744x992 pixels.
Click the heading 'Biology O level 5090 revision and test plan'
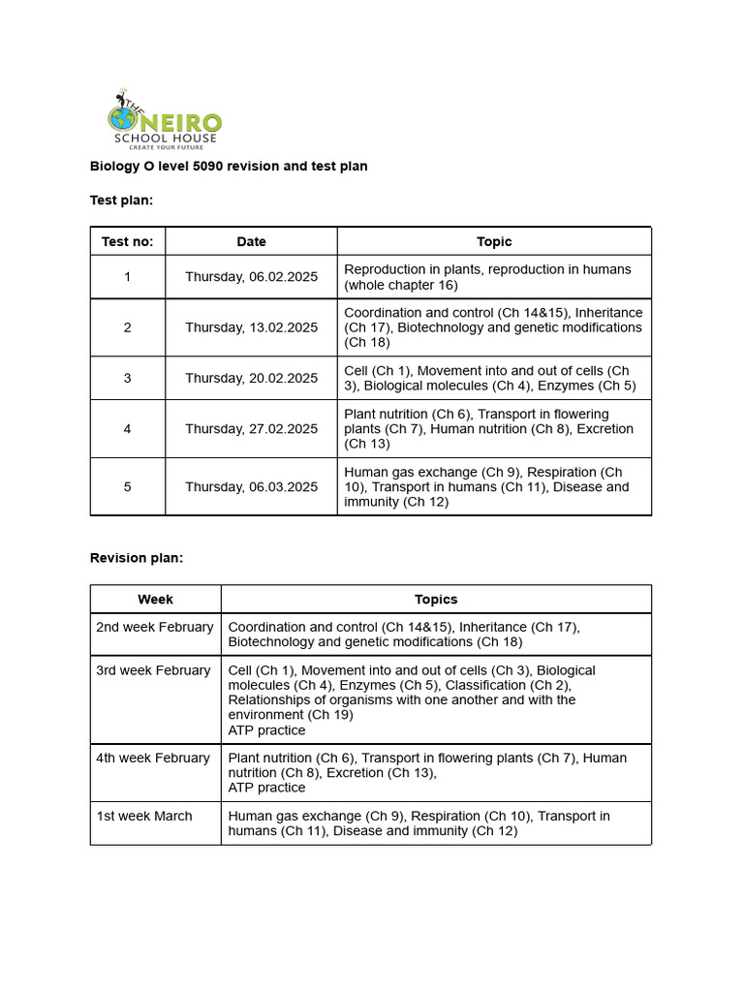click(x=229, y=166)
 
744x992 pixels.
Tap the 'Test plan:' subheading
click(x=121, y=200)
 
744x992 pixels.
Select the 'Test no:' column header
click(x=127, y=241)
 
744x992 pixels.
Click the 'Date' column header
click(x=251, y=241)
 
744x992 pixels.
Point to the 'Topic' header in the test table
click(x=494, y=241)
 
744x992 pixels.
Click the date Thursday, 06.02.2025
click(x=251, y=277)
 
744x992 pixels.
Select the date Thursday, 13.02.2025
click(x=251, y=327)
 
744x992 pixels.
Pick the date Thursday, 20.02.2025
click(x=251, y=378)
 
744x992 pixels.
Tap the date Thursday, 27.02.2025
click(x=251, y=428)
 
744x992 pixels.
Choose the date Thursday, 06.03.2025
click(x=251, y=486)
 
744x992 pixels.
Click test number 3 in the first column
click(x=127, y=378)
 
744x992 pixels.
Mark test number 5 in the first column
click(x=127, y=486)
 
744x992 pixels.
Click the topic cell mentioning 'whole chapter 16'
click(x=487, y=277)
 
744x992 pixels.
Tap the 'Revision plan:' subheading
click(x=136, y=558)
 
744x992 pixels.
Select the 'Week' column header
click(x=155, y=600)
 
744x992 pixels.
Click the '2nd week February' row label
click(x=154, y=627)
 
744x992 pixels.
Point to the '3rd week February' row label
click(x=153, y=670)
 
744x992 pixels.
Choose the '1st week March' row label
click(x=143, y=816)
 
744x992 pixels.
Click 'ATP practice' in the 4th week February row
click(x=266, y=788)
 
